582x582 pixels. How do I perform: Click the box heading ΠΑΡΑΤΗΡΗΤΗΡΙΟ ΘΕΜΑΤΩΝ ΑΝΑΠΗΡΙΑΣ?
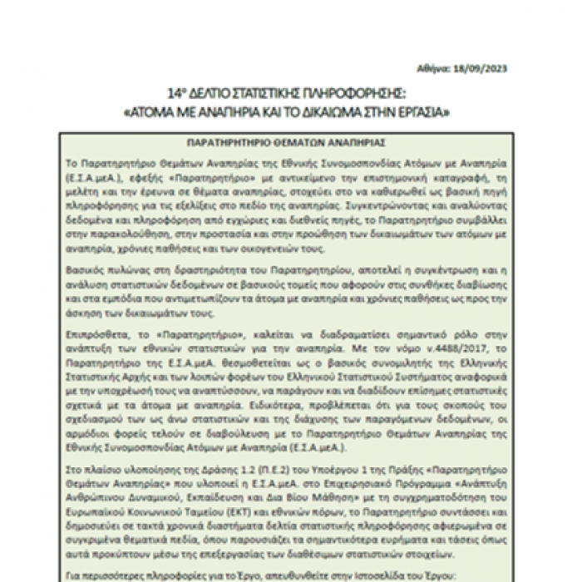[285, 142]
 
